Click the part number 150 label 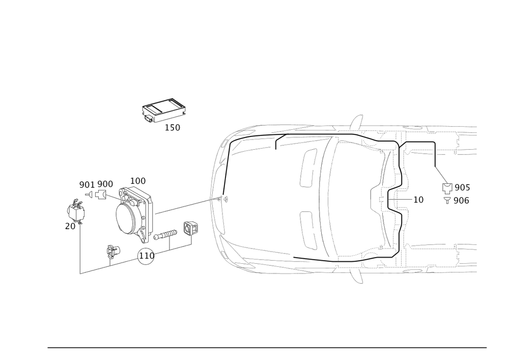[172, 127]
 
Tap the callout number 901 [85, 184]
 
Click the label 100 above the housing [138, 181]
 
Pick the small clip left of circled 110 [112, 251]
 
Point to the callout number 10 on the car [418, 200]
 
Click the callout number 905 [461, 188]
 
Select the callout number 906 [461, 201]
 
